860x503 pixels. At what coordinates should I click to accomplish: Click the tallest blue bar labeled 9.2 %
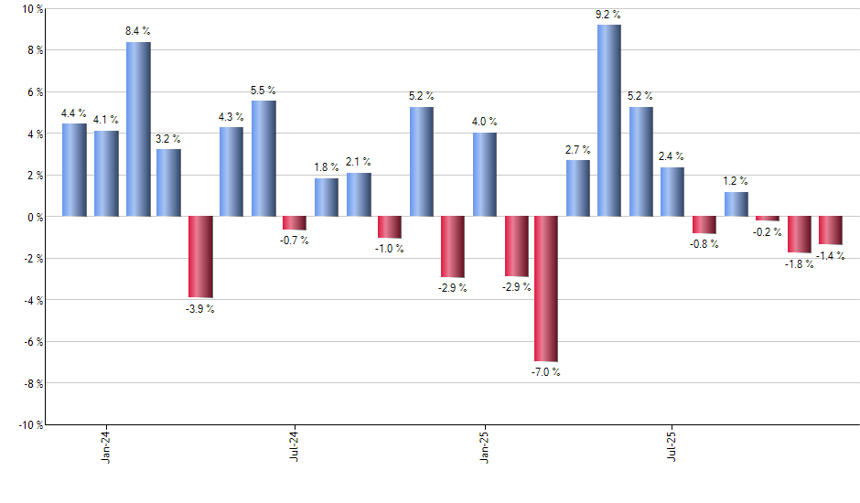(x=609, y=121)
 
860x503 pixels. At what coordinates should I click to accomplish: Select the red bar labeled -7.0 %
(x=546, y=289)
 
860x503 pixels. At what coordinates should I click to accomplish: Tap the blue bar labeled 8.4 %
(x=138, y=129)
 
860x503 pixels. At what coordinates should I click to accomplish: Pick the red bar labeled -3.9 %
(x=200, y=257)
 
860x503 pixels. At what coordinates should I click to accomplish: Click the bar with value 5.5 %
(x=263, y=158)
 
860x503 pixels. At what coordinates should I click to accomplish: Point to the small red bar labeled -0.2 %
(x=767, y=219)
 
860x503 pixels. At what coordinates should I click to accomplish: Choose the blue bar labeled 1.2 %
(x=736, y=204)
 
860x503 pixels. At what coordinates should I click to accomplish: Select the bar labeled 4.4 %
(x=75, y=170)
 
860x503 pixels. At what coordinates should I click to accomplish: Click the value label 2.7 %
(x=577, y=149)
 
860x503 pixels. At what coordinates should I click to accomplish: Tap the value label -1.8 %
(x=799, y=264)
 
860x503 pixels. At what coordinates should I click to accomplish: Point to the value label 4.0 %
(x=484, y=122)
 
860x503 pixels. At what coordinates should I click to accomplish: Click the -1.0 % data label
(x=390, y=250)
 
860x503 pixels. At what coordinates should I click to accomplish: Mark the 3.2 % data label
(x=168, y=138)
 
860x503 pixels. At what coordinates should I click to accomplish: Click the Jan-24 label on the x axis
(x=107, y=444)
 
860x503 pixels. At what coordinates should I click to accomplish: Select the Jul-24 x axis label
(x=295, y=444)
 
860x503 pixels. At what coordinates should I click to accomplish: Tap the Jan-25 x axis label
(x=484, y=444)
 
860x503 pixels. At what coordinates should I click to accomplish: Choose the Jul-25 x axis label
(x=672, y=444)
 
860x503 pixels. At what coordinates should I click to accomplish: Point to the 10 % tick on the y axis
(x=32, y=9)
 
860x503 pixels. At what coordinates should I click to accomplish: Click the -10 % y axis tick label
(x=29, y=424)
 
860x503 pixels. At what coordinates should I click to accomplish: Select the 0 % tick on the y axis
(x=35, y=217)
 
